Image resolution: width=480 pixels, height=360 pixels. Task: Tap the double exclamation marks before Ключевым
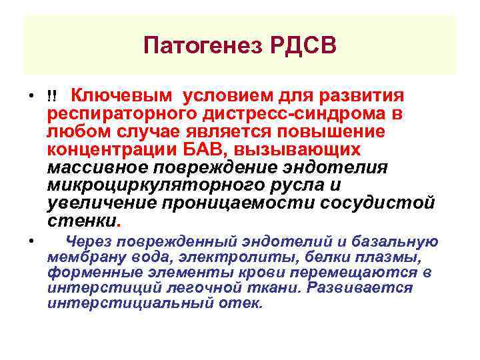click(x=53, y=96)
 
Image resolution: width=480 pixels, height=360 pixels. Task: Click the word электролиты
click(x=233, y=257)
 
